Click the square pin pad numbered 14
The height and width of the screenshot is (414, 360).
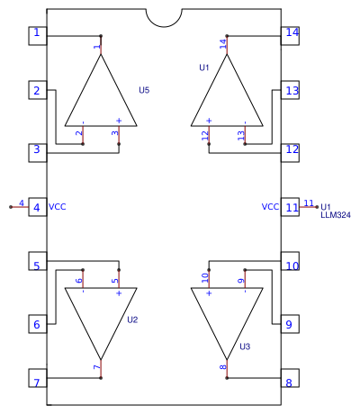pyautogui.click(x=290, y=36)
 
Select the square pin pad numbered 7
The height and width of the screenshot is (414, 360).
pyautogui.click(x=38, y=378)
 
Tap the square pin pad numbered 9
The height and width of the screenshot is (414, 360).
pyautogui.click(x=290, y=324)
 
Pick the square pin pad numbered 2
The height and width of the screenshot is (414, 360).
pyautogui.click(x=38, y=90)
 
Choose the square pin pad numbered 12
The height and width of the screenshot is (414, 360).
pyautogui.click(x=290, y=153)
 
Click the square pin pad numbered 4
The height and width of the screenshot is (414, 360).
pyautogui.click(x=38, y=207)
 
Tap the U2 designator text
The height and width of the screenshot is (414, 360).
pyautogui.click(x=132, y=319)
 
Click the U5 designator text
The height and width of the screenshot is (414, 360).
pyautogui.click(x=144, y=90)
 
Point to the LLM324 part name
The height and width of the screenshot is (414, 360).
pyautogui.click(x=336, y=215)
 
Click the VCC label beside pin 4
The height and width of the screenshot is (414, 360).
pyautogui.click(x=58, y=207)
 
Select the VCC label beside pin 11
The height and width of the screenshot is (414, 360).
pyautogui.click(x=270, y=207)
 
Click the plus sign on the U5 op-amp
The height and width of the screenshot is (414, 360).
pyautogui.click(x=119, y=121)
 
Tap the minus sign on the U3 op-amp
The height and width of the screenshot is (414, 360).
pyautogui.click(x=245, y=292)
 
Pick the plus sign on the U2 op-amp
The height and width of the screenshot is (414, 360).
pyautogui.click(x=119, y=293)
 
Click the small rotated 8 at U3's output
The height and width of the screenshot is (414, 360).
pyautogui.click(x=223, y=367)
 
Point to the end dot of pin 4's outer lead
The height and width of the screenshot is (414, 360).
pyautogui.click(x=11, y=207)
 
